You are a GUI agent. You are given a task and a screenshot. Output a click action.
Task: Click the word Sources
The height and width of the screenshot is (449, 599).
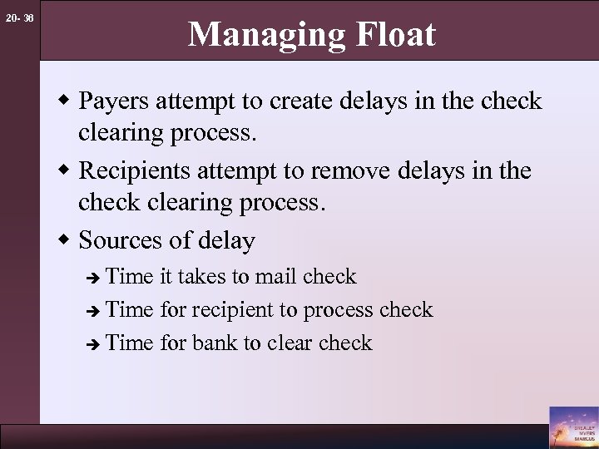click(x=115, y=241)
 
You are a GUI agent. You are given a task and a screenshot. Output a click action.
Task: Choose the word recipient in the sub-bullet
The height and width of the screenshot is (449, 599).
click(x=232, y=309)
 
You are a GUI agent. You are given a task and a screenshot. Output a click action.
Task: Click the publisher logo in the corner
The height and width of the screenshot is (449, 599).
click(x=572, y=425)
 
